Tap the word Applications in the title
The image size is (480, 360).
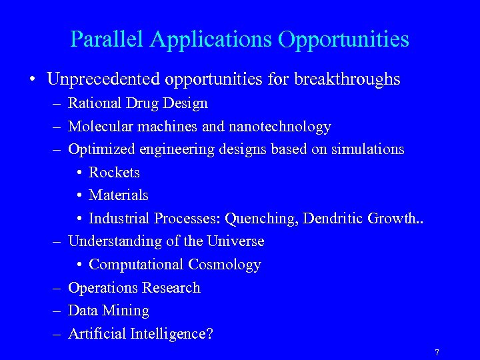click(x=211, y=39)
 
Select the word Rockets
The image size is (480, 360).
click(x=114, y=173)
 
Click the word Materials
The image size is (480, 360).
click(x=118, y=195)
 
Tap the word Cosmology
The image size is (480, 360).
click(x=225, y=265)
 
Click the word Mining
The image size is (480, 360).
click(x=127, y=311)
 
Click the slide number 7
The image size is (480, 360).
click(x=437, y=352)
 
